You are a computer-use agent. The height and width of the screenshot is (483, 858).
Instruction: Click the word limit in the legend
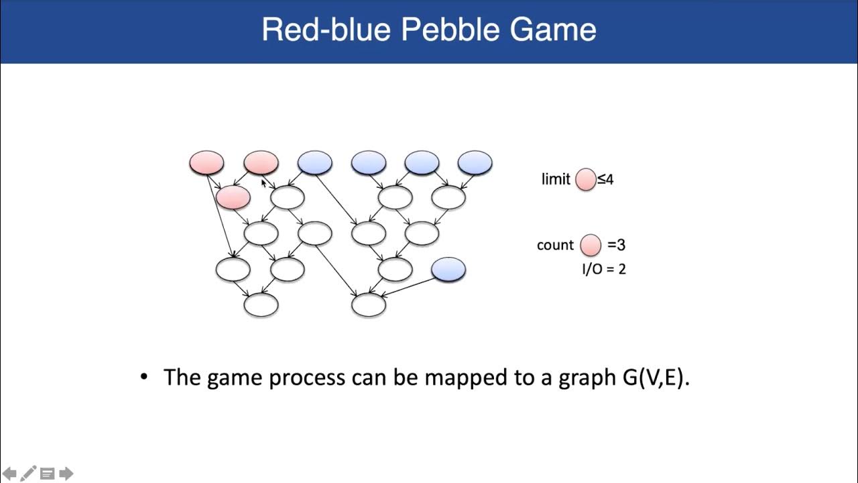[556, 180]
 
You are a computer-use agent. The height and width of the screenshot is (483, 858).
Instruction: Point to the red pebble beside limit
[586, 179]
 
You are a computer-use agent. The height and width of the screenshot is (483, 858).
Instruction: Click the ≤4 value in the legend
[605, 180]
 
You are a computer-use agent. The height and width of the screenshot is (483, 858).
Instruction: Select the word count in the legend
[555, 245]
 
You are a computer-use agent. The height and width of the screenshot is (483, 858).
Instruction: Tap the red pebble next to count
[591, 245]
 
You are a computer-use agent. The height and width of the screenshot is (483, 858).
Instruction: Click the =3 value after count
[617, 245]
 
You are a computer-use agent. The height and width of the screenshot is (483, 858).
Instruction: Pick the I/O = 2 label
[604, 269]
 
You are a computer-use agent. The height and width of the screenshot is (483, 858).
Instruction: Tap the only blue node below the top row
[448, 269]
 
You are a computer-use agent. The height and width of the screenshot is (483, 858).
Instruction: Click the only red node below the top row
[233, 197]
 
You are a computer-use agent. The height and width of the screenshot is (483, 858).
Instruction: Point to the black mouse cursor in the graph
[263, 182]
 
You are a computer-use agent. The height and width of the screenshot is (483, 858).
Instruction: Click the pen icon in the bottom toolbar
[28, 474]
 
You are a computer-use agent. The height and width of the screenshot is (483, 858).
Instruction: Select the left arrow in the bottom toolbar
[10, 474]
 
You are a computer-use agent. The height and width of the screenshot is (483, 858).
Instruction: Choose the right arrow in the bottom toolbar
[66, 474]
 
